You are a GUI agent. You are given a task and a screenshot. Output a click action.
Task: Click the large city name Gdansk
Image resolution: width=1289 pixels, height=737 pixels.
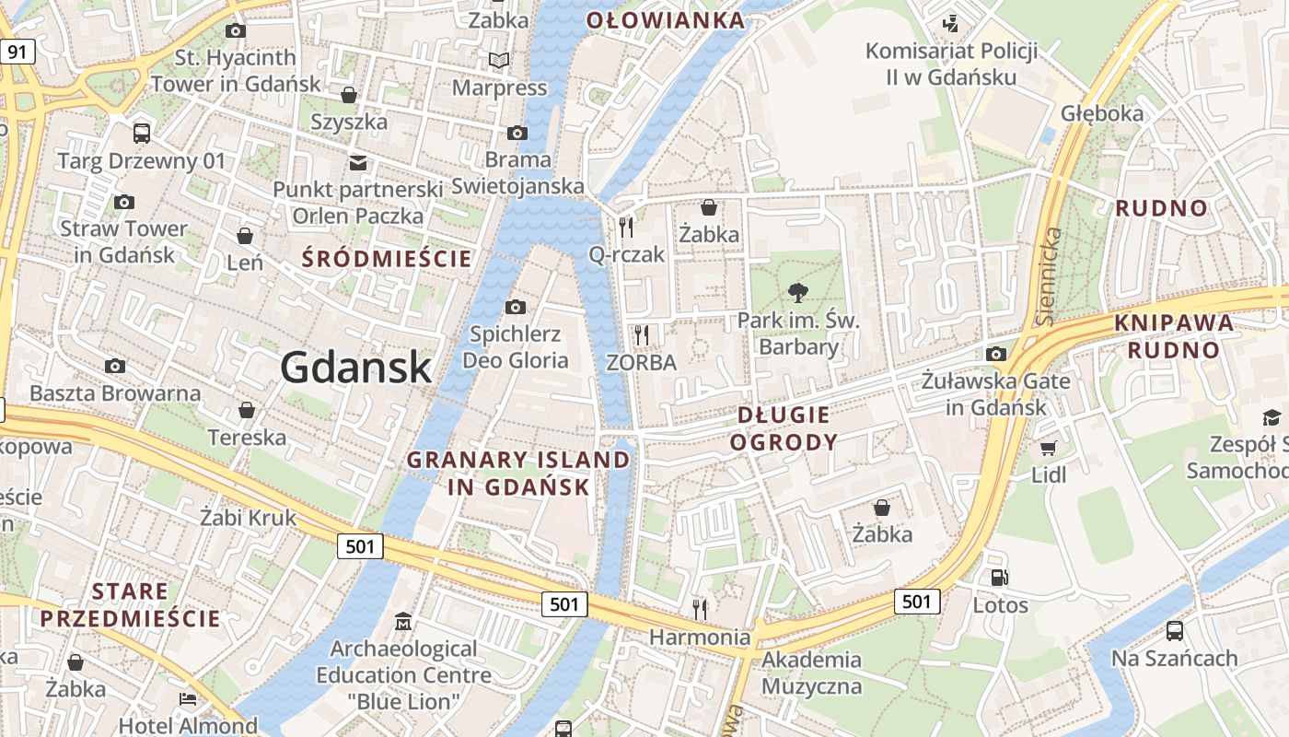(355, 368)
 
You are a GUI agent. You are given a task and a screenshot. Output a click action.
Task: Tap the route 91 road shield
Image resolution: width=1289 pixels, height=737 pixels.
(17, 52)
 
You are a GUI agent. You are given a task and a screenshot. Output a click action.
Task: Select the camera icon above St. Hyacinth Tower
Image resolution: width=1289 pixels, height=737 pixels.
(236, 30)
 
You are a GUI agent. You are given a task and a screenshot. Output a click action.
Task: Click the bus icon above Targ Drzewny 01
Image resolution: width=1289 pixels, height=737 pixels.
(142, 134)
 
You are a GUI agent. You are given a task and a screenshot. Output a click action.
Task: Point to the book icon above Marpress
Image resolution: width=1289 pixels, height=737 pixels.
(499, 61)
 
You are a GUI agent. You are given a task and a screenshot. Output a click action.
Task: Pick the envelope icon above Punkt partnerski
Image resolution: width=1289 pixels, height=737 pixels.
(357, 163)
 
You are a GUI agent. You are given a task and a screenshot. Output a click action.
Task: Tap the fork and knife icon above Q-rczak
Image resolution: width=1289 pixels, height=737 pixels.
(627, 227)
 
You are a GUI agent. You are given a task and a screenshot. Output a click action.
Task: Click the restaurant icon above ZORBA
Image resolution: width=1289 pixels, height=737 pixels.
(643, 334)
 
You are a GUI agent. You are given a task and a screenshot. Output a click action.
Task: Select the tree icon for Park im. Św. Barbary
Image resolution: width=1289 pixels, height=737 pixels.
(797, 294)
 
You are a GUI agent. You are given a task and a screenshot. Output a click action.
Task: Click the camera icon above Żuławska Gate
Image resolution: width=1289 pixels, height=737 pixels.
(995, 354)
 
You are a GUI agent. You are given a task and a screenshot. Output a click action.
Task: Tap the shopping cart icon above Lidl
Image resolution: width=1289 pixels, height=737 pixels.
(1048, 449)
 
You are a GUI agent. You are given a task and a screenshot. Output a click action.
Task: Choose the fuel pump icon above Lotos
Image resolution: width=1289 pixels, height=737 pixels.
(1000, 579)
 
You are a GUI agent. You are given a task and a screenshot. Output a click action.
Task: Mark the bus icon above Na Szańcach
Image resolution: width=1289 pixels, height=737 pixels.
(1175, 631)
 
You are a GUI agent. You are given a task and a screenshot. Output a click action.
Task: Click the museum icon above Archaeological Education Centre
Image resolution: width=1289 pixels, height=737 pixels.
(403, 623)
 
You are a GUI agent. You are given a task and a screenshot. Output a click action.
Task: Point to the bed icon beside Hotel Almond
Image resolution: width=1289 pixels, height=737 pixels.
(188, 699)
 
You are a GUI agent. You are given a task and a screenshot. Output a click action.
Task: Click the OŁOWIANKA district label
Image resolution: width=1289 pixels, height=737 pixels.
(666, 20)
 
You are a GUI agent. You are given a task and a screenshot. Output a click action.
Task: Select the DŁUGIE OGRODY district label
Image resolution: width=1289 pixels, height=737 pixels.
(784, 428)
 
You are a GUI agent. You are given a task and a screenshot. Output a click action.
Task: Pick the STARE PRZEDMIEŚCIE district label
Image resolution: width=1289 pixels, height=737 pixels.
(130, 604)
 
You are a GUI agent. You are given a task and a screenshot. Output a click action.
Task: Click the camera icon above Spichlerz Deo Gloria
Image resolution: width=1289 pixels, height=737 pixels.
(516, 307)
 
